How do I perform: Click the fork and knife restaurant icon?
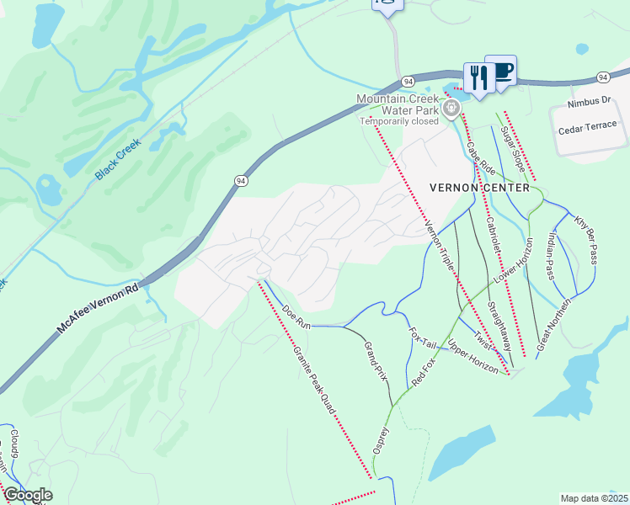pos(478,78)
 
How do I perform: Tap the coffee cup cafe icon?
pos(502,71)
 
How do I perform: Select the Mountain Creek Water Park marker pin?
pos(451,107)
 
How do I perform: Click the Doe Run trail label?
pos(296,317)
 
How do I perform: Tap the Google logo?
pos(27,495)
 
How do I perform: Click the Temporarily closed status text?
pos(400,121)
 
